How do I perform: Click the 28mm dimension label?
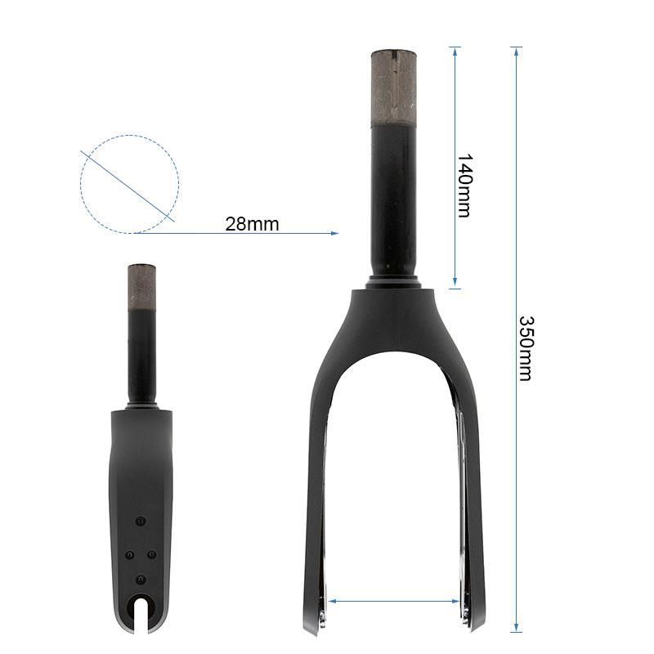coord(252,224)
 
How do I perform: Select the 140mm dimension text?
coord(464,185)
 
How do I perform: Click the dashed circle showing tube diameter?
coord(129,184)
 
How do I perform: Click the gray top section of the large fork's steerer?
coord(394,87)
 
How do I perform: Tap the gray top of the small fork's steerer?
coord(141,285)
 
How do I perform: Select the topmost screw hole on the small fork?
coord(141,521)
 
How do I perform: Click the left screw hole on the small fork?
coord(129,555)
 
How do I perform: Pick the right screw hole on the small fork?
coord(152,555)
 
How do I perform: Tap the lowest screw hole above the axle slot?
coord(141,579)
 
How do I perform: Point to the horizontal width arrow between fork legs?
coord(394,601)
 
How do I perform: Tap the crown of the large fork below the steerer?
coord(394,315)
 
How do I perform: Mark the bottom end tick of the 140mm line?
coord(455,288)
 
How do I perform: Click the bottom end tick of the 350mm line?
coord(516,631)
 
